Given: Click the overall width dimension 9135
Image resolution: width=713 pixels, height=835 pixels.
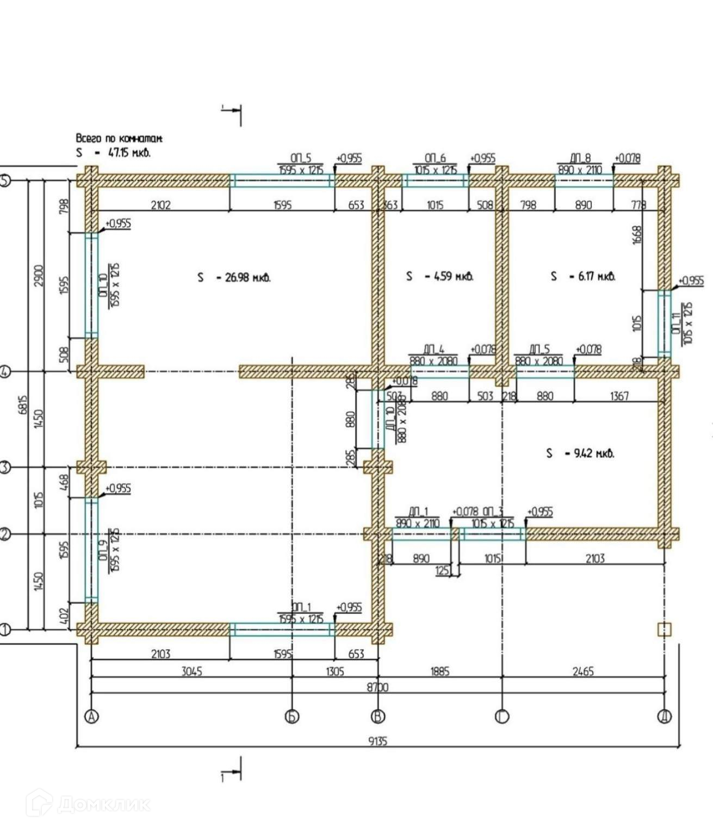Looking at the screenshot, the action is coord(377,740).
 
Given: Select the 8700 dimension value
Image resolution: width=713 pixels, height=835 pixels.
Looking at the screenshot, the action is coord(377,687).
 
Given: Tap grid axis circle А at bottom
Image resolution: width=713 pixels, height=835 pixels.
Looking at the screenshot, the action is coord(92,717).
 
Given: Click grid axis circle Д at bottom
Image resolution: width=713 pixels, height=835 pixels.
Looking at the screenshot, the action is coord(665,717).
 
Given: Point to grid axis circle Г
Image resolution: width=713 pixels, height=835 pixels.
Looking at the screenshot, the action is coord(501,717).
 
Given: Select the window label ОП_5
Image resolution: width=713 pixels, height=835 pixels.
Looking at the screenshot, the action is coord(301,158).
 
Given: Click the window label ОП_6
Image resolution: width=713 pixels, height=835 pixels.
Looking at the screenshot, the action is coord(435,158).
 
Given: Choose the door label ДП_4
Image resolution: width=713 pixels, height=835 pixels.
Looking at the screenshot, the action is coord(434,350).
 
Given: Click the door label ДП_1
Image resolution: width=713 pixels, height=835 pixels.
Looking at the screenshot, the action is coord(418,512).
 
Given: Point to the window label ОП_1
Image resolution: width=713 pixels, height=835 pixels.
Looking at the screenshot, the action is coord(301,607).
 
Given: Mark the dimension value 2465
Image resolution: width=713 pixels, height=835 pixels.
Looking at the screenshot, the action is coord(582,671).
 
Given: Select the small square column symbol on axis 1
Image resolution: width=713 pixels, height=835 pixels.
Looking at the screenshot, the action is coord(665,630).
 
